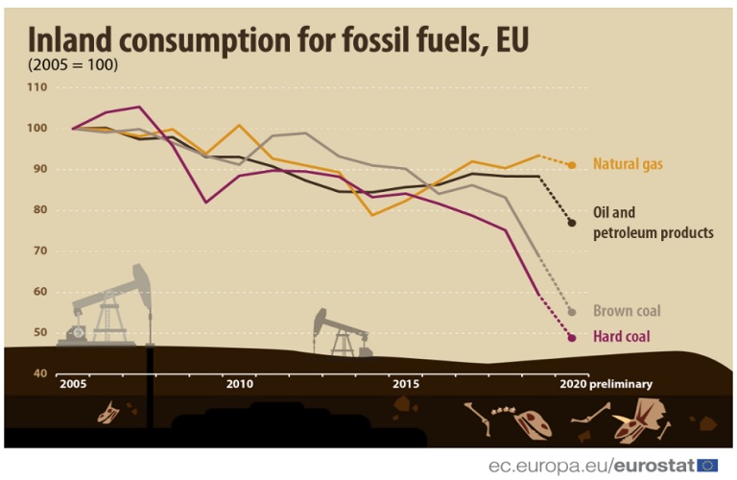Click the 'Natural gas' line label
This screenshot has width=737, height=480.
pos(628,164)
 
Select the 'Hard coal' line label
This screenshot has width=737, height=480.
pos(621,336)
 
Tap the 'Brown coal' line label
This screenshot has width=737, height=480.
pos(626,311)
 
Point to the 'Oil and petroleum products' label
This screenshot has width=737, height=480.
pos(653,222)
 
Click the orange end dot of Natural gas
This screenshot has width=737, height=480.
pos(572,165)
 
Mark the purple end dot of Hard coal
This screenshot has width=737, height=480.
pos(572,338)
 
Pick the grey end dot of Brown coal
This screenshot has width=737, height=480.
pos(572,312)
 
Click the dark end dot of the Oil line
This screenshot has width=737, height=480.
pos(572,223)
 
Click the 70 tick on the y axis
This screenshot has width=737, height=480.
pos(38,251)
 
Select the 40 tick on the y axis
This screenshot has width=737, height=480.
pos(38,373)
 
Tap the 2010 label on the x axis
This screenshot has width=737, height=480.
pos(240,384)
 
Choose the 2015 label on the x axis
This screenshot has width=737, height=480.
pos(407,384)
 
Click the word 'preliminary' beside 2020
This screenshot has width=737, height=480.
pos(622,384)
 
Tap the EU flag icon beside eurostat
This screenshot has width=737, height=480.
pos(708,466)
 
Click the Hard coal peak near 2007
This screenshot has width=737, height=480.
pos(139,107)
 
